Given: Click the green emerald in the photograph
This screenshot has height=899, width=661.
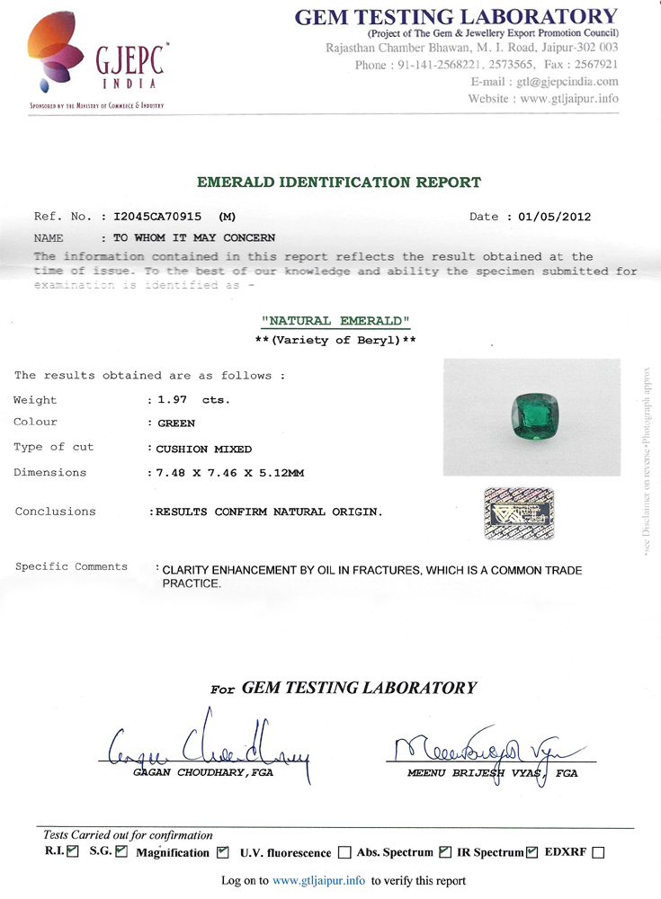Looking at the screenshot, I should click(530, 413).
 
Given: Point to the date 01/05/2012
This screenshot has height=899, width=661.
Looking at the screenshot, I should click(556, 217).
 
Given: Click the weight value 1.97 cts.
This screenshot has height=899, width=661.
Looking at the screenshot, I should click(192, 400).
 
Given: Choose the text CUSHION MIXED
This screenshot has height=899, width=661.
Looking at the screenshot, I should click(204, 448).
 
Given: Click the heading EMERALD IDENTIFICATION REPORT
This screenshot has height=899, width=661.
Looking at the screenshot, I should click(338, 182).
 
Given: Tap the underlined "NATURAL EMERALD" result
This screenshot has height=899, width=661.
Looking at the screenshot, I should click(335, 321).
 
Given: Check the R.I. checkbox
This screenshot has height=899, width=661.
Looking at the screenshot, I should click(73, 851).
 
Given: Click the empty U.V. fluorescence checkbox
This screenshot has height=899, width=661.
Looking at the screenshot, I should click(344, 852).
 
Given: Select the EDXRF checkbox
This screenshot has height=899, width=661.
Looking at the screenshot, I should click(598, 852).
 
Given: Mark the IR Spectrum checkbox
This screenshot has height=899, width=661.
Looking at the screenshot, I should click(531, 851).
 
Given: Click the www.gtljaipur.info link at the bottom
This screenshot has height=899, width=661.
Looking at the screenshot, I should click(318, 881).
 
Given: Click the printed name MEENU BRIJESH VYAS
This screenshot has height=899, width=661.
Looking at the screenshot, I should click(476, 773).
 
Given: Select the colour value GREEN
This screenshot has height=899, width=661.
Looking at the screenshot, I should click(176, 423).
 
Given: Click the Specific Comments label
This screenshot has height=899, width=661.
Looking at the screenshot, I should click(71, 566).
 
